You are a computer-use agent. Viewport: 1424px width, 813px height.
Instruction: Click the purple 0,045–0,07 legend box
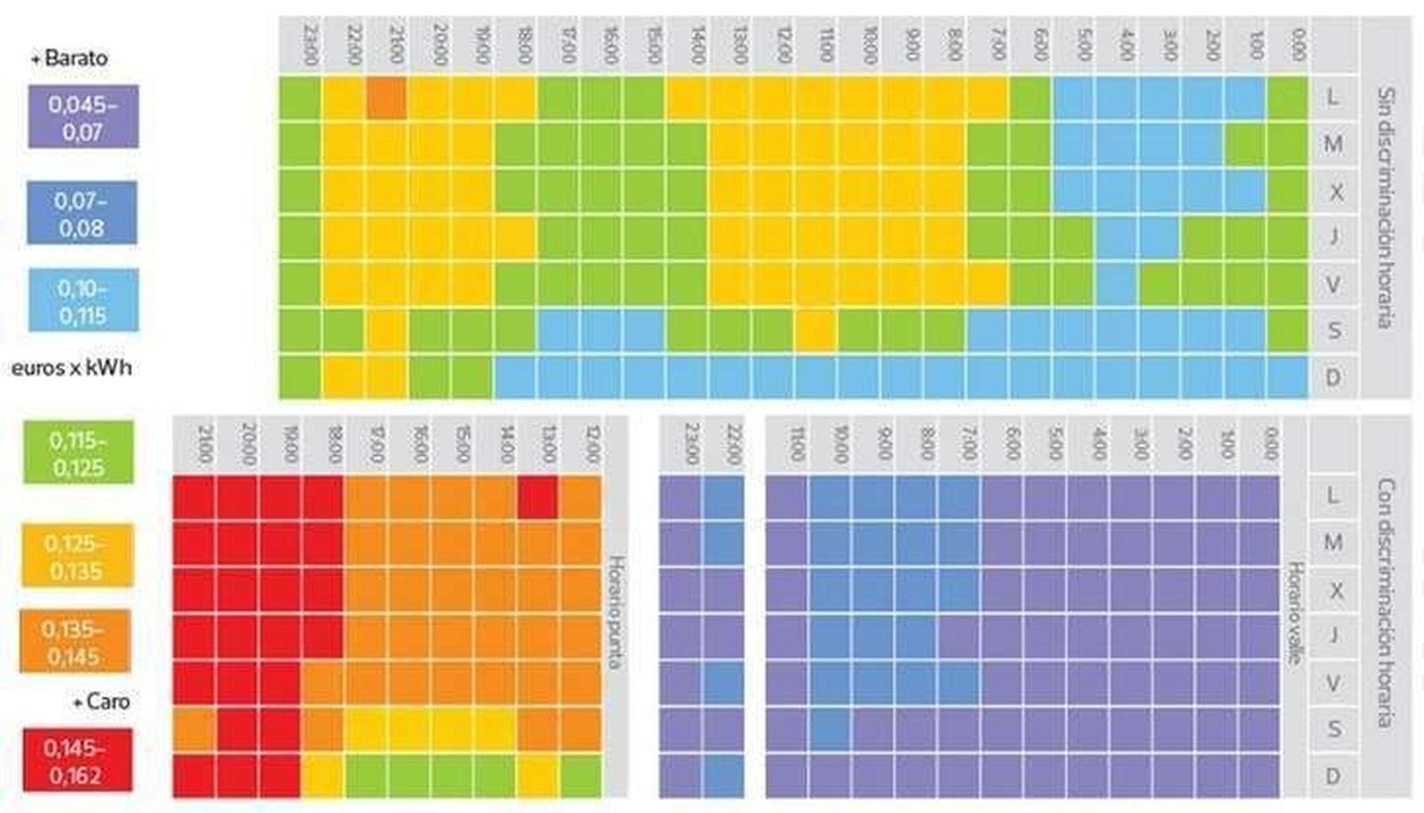(x=83, y=117)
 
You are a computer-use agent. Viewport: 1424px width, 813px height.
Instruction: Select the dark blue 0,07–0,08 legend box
(x=82, y=213)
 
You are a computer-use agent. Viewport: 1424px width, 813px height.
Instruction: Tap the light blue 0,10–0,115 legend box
(x=83, y=301)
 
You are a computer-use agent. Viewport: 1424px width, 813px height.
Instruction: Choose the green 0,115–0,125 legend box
(x=78, y=453)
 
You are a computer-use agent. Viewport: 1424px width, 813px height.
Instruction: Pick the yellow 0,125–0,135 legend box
(x=77, y=557)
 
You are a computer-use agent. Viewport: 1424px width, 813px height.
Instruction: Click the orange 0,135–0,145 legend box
(x=75, y=642)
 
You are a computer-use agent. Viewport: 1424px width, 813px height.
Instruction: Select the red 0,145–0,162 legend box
(x=77, y=760)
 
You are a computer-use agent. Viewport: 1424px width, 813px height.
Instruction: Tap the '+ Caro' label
(x=101, y=702)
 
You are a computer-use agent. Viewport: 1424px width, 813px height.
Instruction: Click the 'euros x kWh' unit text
(x=71, y=368)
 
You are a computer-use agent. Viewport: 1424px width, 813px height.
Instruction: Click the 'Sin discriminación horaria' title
(x=1386, y=207)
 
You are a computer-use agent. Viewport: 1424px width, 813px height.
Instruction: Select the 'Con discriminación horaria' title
(x=1386, y=602)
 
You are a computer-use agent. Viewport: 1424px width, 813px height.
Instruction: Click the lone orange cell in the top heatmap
(x=386, y=98)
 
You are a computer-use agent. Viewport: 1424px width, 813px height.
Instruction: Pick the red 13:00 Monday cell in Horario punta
(x=538, y=497)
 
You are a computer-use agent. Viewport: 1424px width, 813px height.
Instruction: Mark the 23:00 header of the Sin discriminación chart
(x=310, y=45)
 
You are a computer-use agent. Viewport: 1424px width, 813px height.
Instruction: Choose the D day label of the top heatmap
(x=1332, y=378)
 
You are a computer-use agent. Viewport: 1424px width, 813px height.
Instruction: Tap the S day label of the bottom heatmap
(x=1332, y=729)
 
